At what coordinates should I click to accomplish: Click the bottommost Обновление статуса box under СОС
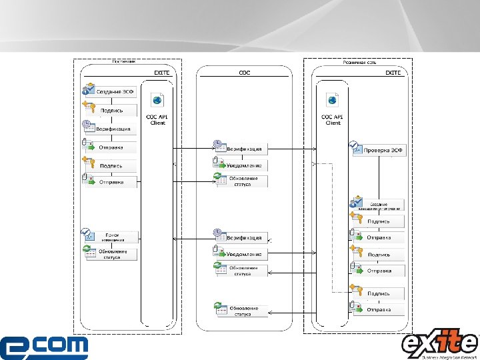click(241, 310)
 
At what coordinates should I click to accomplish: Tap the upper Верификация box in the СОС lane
click(241, 148)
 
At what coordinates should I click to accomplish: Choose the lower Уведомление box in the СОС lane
click(241, 254)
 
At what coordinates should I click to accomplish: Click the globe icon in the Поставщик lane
click(157, 100)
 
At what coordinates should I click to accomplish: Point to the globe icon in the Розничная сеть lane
click(331, 100)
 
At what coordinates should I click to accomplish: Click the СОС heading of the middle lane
click(244, 72)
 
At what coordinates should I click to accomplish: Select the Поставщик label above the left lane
click(124, 61)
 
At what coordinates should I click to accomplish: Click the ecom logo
click(44, 347)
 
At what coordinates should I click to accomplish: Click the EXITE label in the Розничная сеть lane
click(393, 72)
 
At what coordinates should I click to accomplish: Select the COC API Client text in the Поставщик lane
click(157, 119)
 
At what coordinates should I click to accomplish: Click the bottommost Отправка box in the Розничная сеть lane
click(378, 310)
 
